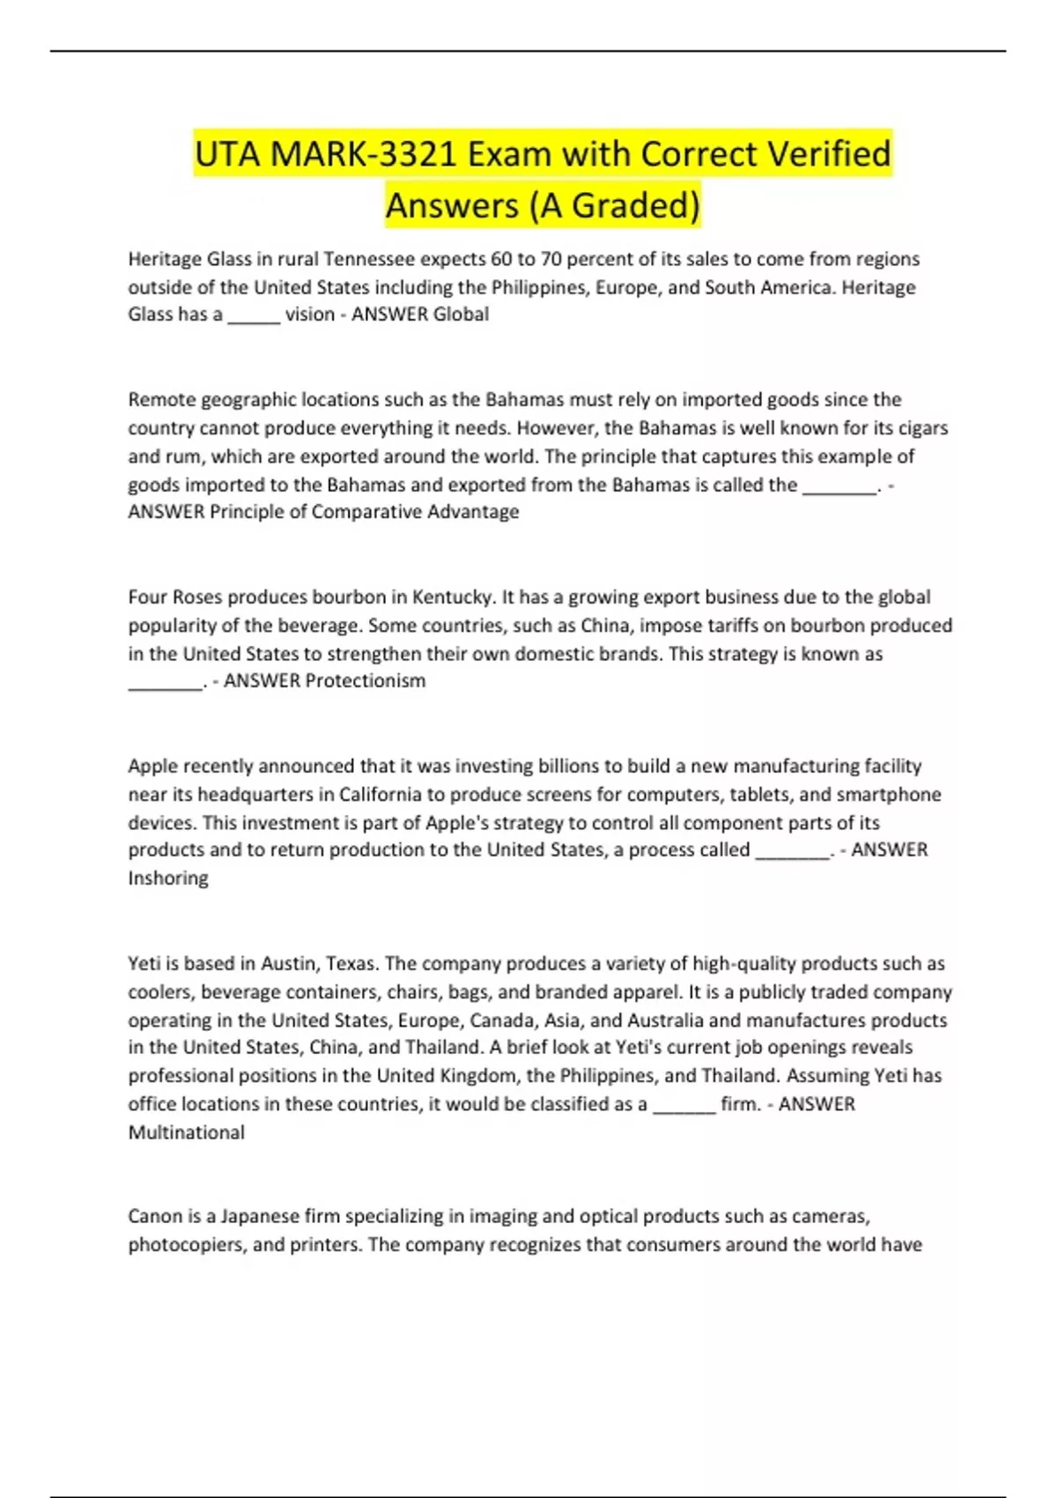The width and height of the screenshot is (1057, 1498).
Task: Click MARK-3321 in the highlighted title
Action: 364,154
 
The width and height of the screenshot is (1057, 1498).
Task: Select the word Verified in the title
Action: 830,154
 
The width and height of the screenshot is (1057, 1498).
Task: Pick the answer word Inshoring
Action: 168,879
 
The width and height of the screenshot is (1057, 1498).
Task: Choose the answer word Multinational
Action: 187,1132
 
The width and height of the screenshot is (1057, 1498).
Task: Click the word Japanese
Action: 260,1217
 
